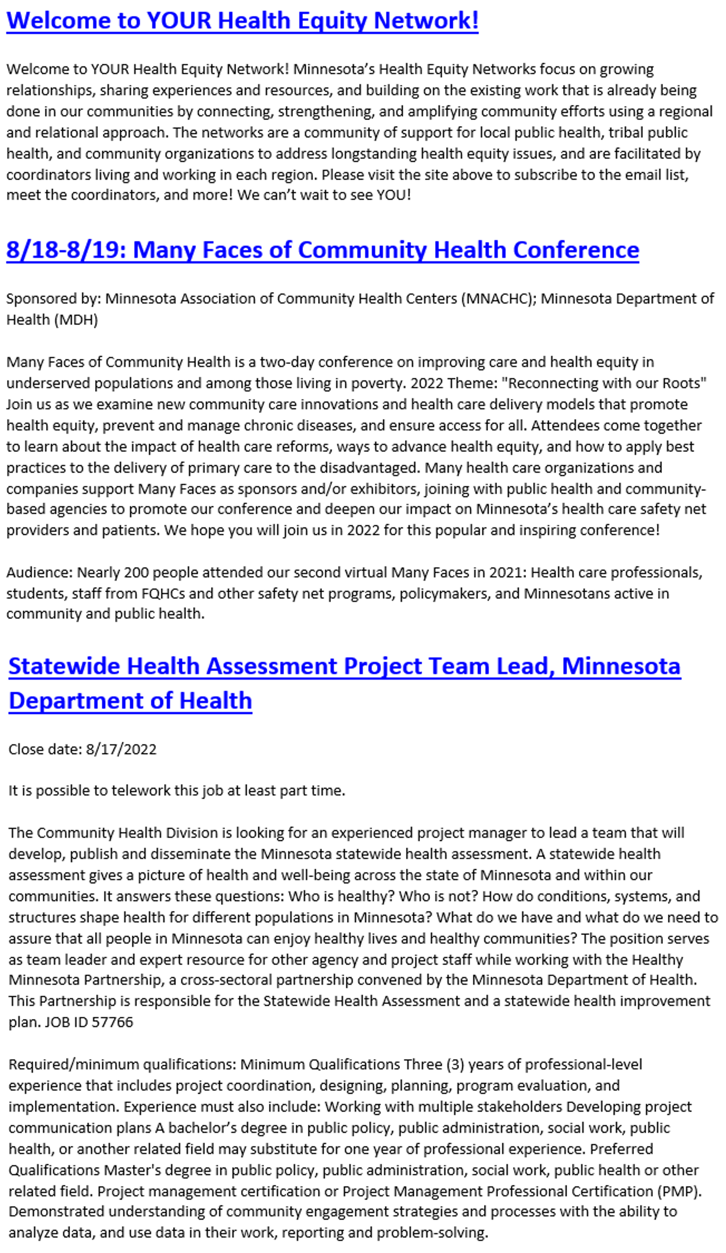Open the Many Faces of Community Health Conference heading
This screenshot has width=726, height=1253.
tap(322, 250)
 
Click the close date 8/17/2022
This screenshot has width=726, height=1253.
tap(121, 749)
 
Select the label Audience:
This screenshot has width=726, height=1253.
tap(40, 572)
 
